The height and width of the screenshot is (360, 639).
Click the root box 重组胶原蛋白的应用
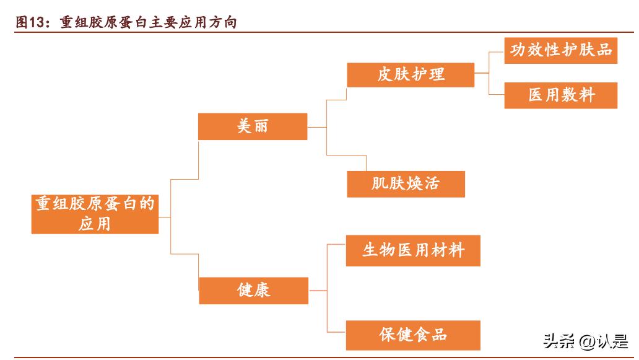pyautogui.click(x=95, y=213)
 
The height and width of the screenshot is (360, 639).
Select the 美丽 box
pyautogui.click(x=252, y=126)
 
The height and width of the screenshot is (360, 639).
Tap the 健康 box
pyautogui.click(x=253, y=290)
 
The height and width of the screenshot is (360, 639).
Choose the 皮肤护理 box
pyautogui.click(x=411, y=74)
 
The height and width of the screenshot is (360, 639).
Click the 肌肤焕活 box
pyautogui.click(x=406, y=184)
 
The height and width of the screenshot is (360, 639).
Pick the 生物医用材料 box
pyautogui.click(x=413, y=250)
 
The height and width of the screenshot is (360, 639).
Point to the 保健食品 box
pyautogui.click(x=412, y=335)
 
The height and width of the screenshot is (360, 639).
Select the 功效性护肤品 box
pyautogui.click(x=560, y=51)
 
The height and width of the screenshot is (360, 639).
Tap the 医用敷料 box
pyautogui.click(x=560, y=95)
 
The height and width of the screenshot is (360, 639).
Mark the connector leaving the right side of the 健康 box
pyautogui.click(x=317, y=290)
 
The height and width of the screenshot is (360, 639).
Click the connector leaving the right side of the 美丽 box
pyautogui.click(x=316, y=126)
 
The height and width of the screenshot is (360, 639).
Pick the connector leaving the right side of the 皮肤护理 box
pyautogui.click(x=482, y=74)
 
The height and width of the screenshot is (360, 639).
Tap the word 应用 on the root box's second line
pyautogui.click(x=95, y=223)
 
